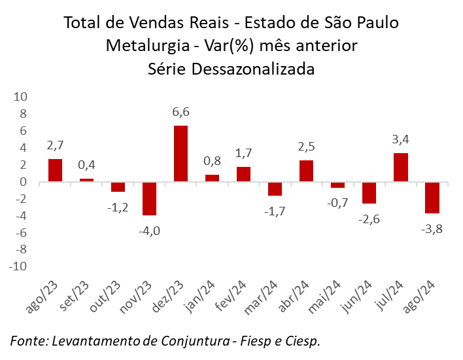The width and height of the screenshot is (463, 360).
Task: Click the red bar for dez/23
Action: pos(180,154)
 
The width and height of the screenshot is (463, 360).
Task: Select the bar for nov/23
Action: pos(149,198)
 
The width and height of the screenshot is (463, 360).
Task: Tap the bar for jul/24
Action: pos(401,168)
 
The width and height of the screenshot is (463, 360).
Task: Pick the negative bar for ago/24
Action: pos(432,198)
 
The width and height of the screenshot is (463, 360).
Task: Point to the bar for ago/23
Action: pos(55,170)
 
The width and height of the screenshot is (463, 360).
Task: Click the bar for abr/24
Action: pos(306,171)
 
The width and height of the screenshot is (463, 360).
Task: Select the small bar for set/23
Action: pos(86,180)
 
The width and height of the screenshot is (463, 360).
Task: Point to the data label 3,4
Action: pos(401,140)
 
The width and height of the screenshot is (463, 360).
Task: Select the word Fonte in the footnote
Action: pos(27,341)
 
